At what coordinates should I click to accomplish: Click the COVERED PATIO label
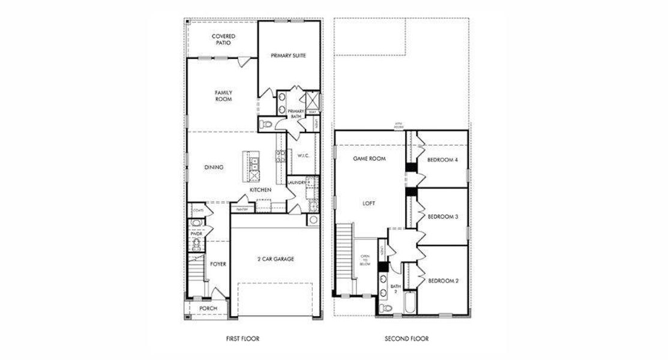223,40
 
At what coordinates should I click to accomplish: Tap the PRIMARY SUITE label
288,55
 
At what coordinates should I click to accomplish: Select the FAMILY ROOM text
223,96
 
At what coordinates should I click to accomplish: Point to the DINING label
214,167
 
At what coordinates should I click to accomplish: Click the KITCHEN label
260,190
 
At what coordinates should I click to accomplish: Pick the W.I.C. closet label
302,155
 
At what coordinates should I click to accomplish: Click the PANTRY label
242,209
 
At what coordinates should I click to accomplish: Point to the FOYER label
218,263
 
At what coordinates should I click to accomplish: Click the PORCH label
208,309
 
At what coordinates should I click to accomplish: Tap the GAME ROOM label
369,159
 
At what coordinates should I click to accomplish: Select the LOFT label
369,203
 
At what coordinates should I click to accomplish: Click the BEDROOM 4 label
443,160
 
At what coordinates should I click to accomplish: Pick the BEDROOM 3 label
443,217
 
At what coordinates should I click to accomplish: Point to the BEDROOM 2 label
443,280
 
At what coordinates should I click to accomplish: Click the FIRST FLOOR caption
242,339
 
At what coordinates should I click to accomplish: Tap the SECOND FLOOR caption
406,339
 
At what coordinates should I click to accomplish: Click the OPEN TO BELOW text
365,260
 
